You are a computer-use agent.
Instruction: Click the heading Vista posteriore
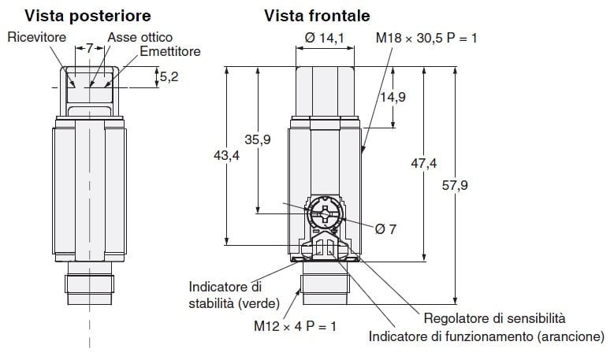pos(87,16)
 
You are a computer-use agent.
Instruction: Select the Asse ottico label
pos(140,37)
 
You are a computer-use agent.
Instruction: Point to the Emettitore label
pos(170,51)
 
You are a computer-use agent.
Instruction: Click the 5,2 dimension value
pos(169,77)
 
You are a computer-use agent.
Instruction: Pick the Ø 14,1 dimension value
pos(324,37)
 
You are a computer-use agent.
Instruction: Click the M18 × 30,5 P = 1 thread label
pos(426,37)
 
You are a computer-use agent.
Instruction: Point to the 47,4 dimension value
pos(423,163)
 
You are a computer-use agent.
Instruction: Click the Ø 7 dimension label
pos(385,228)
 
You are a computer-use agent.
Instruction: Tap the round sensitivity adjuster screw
pos(323,213)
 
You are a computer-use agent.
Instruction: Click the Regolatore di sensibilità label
pos(494,319)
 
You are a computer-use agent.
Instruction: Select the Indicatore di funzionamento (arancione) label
pos(486,337)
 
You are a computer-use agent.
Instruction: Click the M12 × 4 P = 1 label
pos(295,325)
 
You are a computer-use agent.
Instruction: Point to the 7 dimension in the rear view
pos(89,49)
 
